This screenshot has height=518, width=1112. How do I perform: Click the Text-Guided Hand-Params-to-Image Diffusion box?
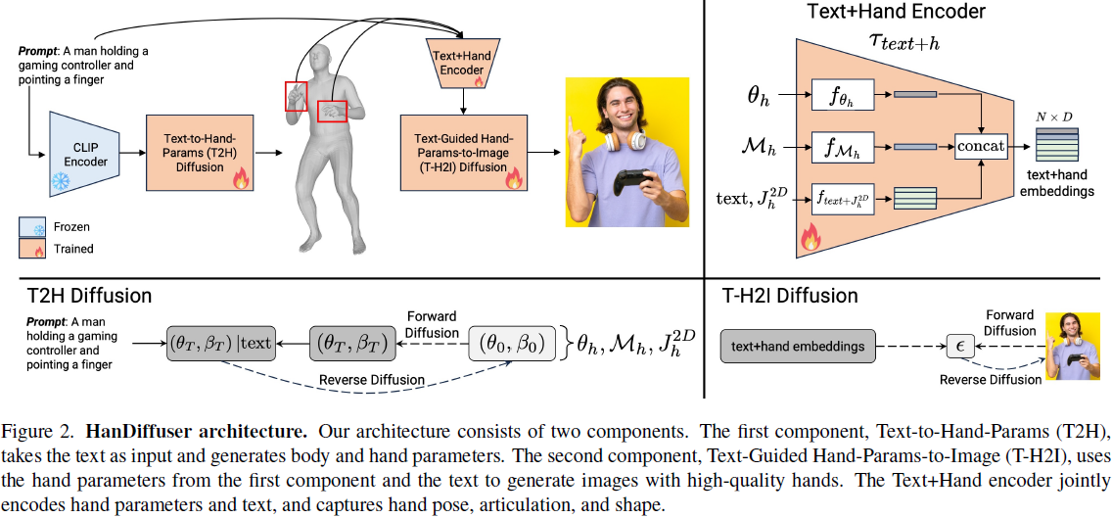pyautogui.click(x=460, y=152)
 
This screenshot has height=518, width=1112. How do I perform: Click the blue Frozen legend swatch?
pyautogui.click(x=31, y=227)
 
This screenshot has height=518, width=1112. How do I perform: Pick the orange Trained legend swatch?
pyautogui.click(x=31, y=249)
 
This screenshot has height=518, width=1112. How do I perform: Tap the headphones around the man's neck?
pyautogui.click(x=626, y=140)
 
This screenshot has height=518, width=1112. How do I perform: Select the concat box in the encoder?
pyautogui.click(x=981, y=146)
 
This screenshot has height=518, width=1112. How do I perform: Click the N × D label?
pyautogui.click(x=1053, y=118)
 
